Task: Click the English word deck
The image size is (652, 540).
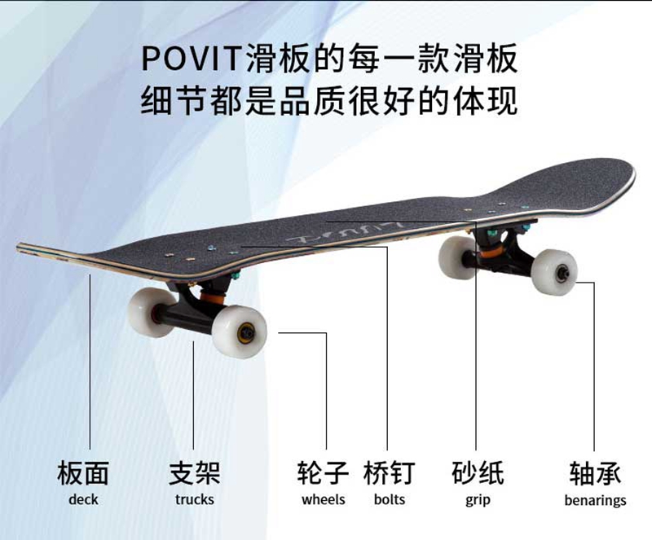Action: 83,499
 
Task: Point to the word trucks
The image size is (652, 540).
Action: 194,499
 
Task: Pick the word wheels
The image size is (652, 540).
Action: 323,499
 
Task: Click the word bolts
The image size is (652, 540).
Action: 389,499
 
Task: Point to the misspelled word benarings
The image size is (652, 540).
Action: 595,500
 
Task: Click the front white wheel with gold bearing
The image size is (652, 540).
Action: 240,332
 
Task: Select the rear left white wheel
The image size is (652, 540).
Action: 456,256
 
